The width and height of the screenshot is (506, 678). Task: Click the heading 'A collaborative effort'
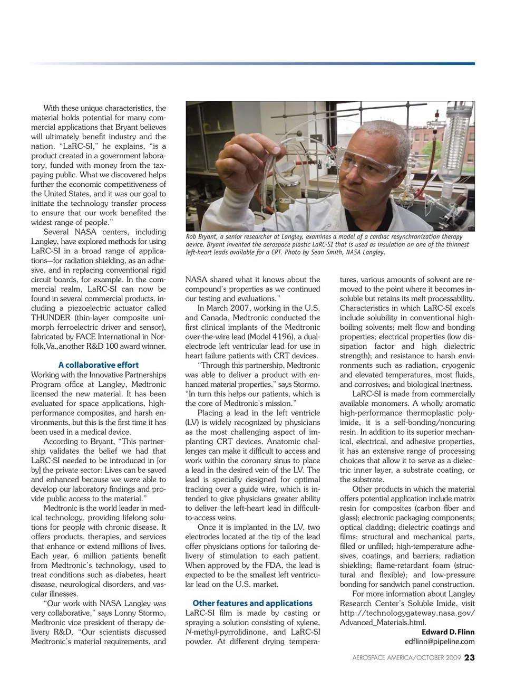99,365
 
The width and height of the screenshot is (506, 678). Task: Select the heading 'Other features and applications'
252,603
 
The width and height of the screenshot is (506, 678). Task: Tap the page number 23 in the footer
470,657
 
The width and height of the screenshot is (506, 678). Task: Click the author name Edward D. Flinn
448,632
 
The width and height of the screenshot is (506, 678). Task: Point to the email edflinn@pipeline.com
440,642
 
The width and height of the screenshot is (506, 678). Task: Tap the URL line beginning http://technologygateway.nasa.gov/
407,613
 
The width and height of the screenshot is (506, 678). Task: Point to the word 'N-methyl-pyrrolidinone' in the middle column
227,632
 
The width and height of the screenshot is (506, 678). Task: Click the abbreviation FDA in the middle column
266,565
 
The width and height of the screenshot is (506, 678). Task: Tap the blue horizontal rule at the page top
253,64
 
